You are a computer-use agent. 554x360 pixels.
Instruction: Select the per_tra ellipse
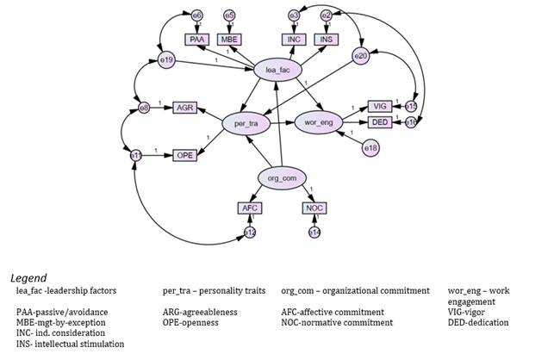(x=246, y=124)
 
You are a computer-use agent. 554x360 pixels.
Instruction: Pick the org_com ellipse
(x=283, y=177)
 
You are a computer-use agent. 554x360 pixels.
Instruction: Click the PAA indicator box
(x=197, y=39)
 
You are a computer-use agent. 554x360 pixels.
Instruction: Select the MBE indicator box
(x=229, y=39)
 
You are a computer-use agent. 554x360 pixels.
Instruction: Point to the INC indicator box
(x=294, y=39)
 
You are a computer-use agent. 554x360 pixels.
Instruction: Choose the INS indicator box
(x=327, y=39)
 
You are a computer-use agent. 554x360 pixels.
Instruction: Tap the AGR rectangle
(x=184, y=108)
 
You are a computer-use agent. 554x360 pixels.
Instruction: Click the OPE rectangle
(x=184, y=155)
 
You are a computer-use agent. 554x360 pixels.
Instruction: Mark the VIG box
(x=380, y=105)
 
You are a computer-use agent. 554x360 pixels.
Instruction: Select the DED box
(x=380, y=122)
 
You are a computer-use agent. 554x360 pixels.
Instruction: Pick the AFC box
(x=250, y=208)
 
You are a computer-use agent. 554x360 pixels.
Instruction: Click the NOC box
(x=314, y=208)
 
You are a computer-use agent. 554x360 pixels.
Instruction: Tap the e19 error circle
(x=167, y=60)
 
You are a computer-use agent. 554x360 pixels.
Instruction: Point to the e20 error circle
(x=361, y=56)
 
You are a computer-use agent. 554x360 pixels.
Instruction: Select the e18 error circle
(x=370, y=149)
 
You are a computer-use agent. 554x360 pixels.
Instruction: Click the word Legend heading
(x=29, y=279)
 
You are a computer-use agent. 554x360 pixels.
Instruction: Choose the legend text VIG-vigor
(x=472, y=312)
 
